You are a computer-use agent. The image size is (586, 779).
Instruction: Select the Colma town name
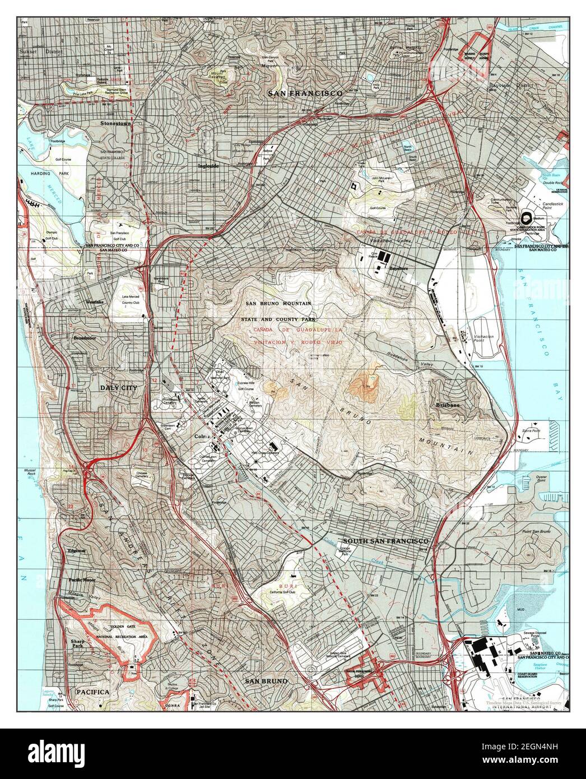(201, 437)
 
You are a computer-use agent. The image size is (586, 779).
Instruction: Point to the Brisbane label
(450, 405)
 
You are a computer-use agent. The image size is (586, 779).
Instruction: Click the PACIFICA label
(93, 692)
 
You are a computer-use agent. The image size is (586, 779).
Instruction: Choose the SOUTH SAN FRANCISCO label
(386, 541)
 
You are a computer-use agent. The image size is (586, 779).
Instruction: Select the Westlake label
(95, 303)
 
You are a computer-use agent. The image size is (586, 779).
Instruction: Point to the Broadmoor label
(87, 339)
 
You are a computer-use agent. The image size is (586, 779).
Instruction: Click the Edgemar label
(78, 551)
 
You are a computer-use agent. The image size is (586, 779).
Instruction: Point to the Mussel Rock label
(35, 471)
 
